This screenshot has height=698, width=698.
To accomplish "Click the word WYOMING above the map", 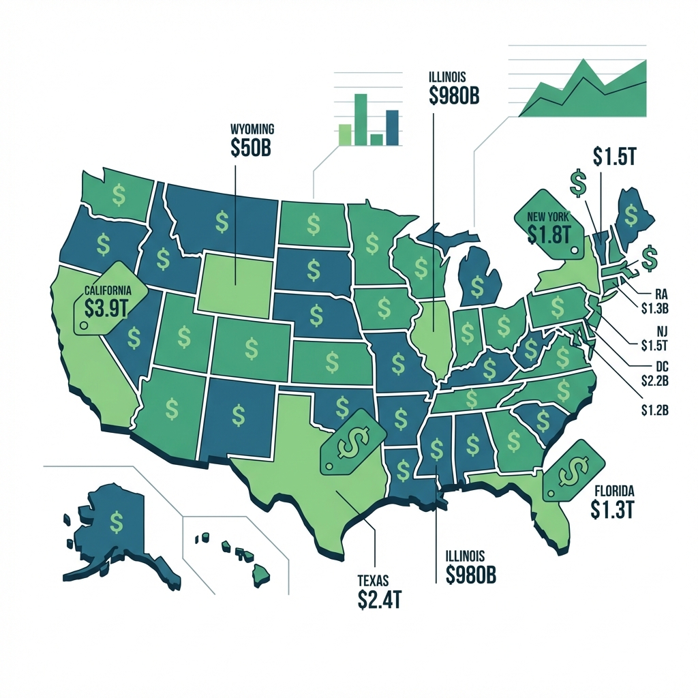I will (x=253, y=127).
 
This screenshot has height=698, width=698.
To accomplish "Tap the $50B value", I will (x=252, y=148).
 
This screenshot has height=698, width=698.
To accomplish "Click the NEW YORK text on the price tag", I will (x=547, y=217).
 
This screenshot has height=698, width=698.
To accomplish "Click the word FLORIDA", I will (x=614, y=490).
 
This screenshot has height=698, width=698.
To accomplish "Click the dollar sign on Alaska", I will (x=118, y=522).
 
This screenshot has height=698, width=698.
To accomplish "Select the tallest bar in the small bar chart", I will (x=361, y=119).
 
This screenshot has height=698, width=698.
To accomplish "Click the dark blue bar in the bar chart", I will (x=392, y=127).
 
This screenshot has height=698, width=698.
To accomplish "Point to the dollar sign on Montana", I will (x=222, y=221).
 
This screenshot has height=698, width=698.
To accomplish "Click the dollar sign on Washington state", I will (x=119, y=196).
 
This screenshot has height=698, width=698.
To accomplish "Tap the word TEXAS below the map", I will (x=372, y=581).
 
